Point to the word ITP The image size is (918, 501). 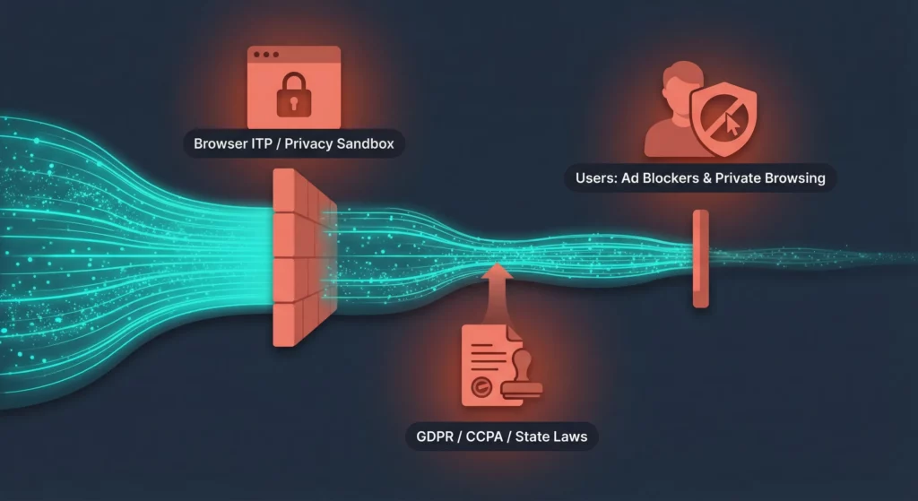(263, 143)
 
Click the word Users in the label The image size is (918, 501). (596, 177)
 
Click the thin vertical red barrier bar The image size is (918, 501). (700, 258)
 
